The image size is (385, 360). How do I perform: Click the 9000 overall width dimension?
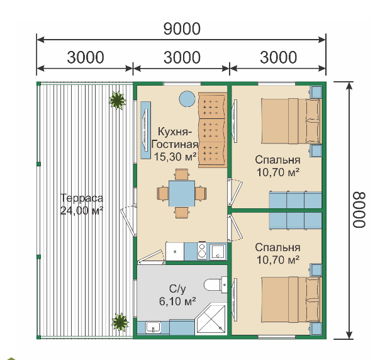pyautogui.click(x=182, y=29)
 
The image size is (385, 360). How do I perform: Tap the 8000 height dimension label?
pyautogui.click(x=359, y=210)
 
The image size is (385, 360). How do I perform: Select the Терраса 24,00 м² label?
pyautogui.click(x=82, y=205)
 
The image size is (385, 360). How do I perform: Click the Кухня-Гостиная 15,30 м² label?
pyautogui.click(x=175, y=144)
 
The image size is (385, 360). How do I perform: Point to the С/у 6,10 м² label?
pyautogui.click(x=177, y=295)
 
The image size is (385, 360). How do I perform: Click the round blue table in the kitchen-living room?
pyautogui.click(x=187, y=99)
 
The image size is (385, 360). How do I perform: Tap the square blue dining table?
pyautogui.click(x=182, y=193)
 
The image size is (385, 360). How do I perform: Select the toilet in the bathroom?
pyautogui.click(x=216, y=285)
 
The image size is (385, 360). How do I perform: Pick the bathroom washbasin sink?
pyautogui.click(x=153, y=327)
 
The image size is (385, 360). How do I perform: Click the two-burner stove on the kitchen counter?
pyautogui.click(x=202, y=250)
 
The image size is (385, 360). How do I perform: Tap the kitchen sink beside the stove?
pyautogui.click(x=217, y=252)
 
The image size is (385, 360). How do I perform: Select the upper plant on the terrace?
pyautogui.click(x=118, y=100)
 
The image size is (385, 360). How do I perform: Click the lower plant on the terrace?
pyautogui.click(x=120, y=322)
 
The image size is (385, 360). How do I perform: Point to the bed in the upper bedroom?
pyautogui.click(x=291, y=121)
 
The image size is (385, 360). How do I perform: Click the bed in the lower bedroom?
pyautogui.click(x=291, y=300)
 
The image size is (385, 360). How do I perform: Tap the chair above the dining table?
pyautogui.click(x=182, y=174)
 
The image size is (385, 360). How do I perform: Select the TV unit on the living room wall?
pyautogui.click(x=145, y=130)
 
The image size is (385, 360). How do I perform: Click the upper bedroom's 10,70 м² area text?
pyautogui.click(x=277, y=172)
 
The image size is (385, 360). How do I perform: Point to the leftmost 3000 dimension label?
pyautogui.click(x=86, y=57)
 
